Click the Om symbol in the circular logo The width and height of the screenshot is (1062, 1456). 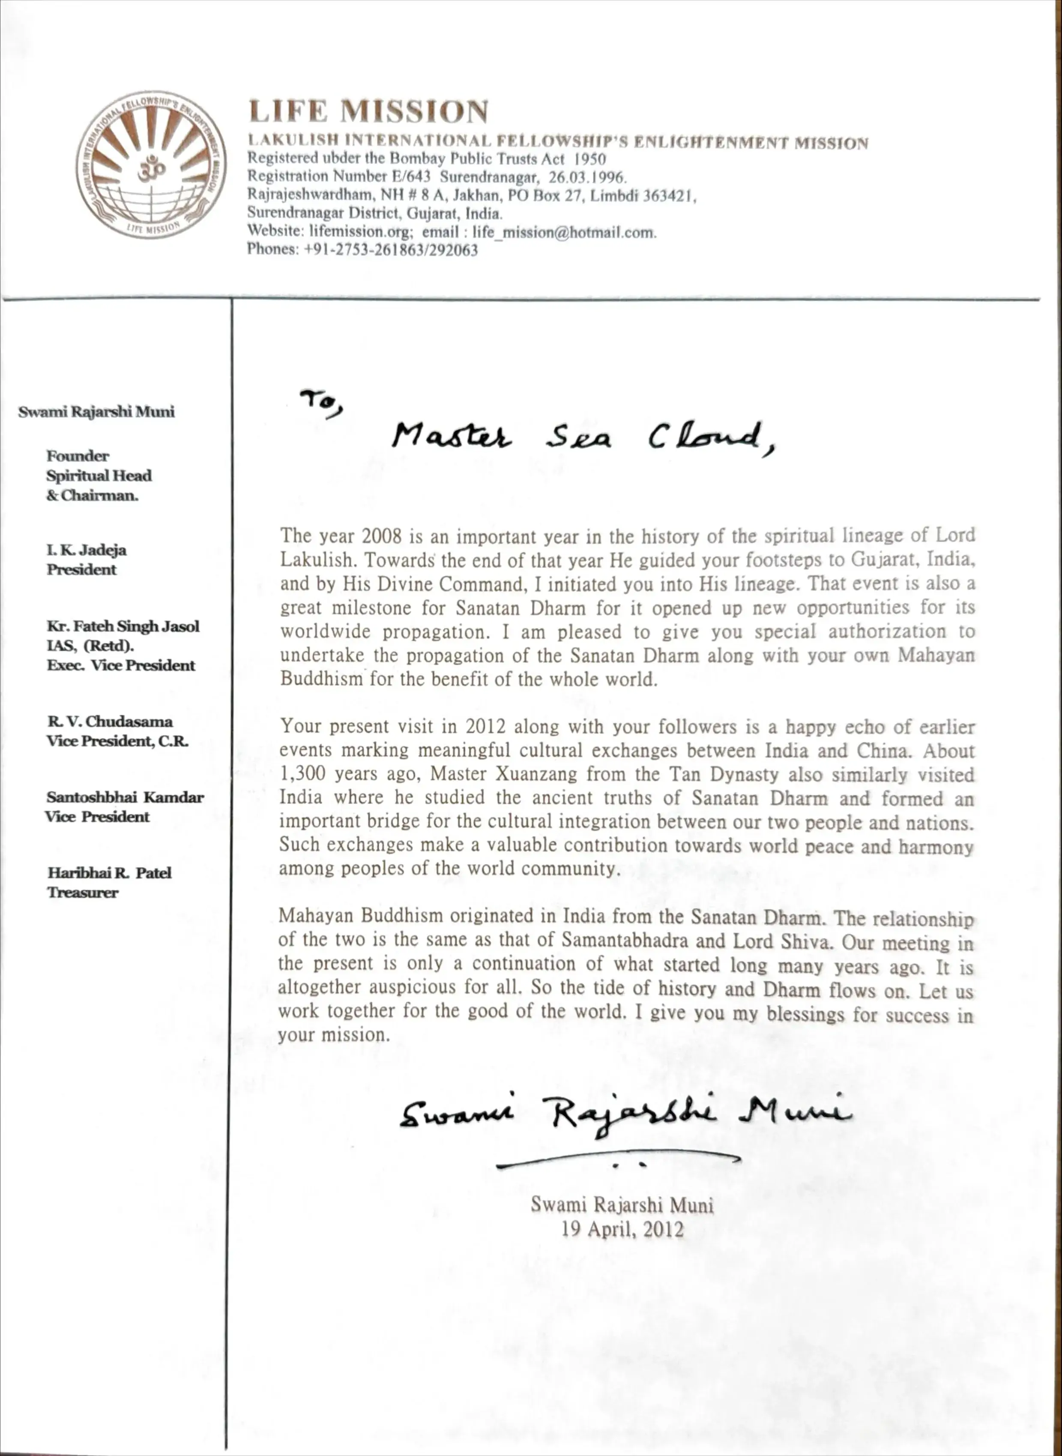150,169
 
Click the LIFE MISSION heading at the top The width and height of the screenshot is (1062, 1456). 368,111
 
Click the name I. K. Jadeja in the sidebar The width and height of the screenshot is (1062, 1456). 86,550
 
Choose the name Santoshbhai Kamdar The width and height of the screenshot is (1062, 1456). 125,797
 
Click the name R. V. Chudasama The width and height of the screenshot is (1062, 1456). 109,721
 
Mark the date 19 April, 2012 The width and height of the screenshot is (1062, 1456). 622,1230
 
